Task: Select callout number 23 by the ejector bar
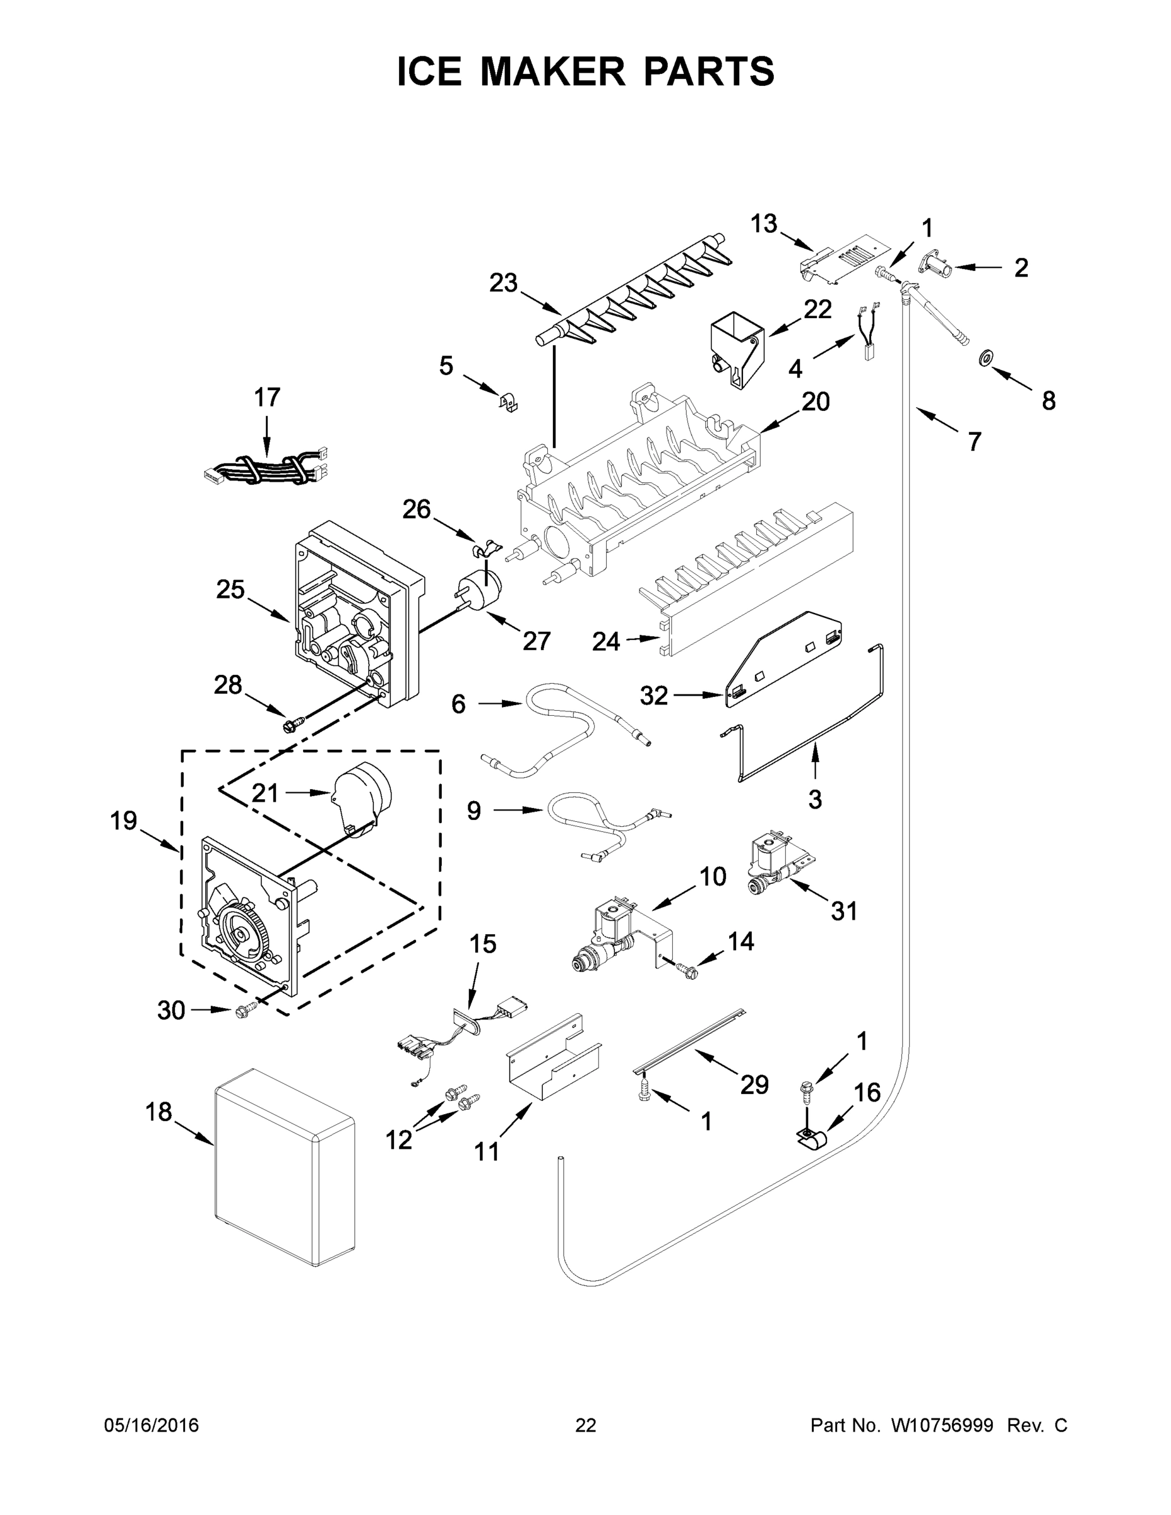tap(503, 283)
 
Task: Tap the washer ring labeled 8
tap(984, 359)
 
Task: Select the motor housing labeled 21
tap(362, 798)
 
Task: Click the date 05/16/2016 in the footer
tap(152, 1425)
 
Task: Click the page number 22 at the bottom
tap(586, 1425)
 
